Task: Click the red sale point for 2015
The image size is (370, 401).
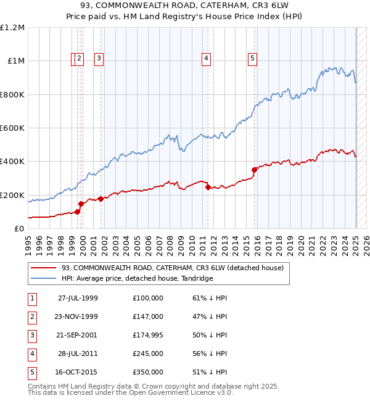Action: pyautogui.click(x=254, y=170)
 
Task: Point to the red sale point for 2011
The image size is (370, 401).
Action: pyautogui.click(x=208, y=187)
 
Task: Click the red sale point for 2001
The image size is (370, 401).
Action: pyautogui.click(x=101, y=199)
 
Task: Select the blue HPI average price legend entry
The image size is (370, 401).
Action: pyautogui.click(x=136, y=278)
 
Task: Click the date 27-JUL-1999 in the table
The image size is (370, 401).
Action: pyautogui.click(x=78, y=298)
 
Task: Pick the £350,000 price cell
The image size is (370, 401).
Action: pyautogui.click(x=147, y=372)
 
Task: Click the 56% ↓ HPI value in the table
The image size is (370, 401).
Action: pyautogui.click(x=210, y=353)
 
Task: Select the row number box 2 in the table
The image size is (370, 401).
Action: pyautogui.click(x=31, y=316)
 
